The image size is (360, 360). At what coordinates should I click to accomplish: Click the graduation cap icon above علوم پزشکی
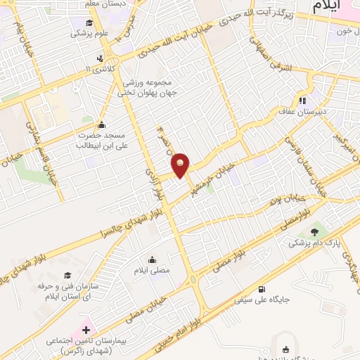point(76,32)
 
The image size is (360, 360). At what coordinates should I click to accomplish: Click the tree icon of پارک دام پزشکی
point(313,230)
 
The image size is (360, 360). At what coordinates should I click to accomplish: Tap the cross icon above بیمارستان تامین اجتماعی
point(87,329)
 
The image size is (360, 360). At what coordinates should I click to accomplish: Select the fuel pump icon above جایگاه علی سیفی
point(262,288)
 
